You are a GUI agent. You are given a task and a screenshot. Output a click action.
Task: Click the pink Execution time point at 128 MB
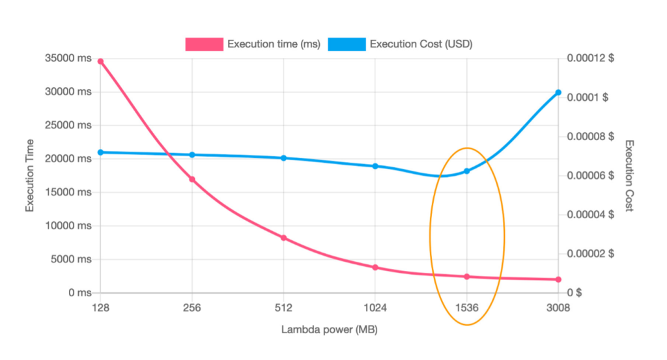click(x=100, y=61)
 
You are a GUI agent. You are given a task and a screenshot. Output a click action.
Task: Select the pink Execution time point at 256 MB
click(x=192, y=179)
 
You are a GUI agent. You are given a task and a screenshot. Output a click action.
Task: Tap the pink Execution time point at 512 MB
click(x=283, y=238)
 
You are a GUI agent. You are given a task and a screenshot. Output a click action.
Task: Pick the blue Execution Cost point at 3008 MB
click(x=558, y=92)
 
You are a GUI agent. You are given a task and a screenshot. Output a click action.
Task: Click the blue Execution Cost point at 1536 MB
click(x=466, y=171)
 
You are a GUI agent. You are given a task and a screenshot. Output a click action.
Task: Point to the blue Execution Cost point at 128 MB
click(x=100, y=152)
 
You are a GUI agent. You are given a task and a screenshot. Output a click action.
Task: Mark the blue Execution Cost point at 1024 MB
click(x=375, y=166)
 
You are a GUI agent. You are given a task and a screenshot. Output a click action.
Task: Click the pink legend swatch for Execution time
click(x=204, y=44)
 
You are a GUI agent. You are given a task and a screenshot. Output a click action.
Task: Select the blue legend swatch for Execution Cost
click(x=347, y=44)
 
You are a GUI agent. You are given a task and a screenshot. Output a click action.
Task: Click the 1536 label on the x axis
click(x=466, y=308)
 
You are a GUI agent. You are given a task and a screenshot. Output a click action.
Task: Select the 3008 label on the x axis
click(x=558, y=308)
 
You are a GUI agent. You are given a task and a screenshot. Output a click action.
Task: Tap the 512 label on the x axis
click(x=283, y=308)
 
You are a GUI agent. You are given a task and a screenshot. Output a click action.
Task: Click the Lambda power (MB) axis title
click(x=329, y=329)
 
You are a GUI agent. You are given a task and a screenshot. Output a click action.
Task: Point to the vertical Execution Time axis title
click(x=30, y=176)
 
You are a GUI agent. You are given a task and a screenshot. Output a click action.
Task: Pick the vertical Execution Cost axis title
click(x=629, y=176)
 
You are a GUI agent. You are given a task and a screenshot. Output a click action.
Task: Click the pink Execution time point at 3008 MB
click(x=558, y=280)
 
